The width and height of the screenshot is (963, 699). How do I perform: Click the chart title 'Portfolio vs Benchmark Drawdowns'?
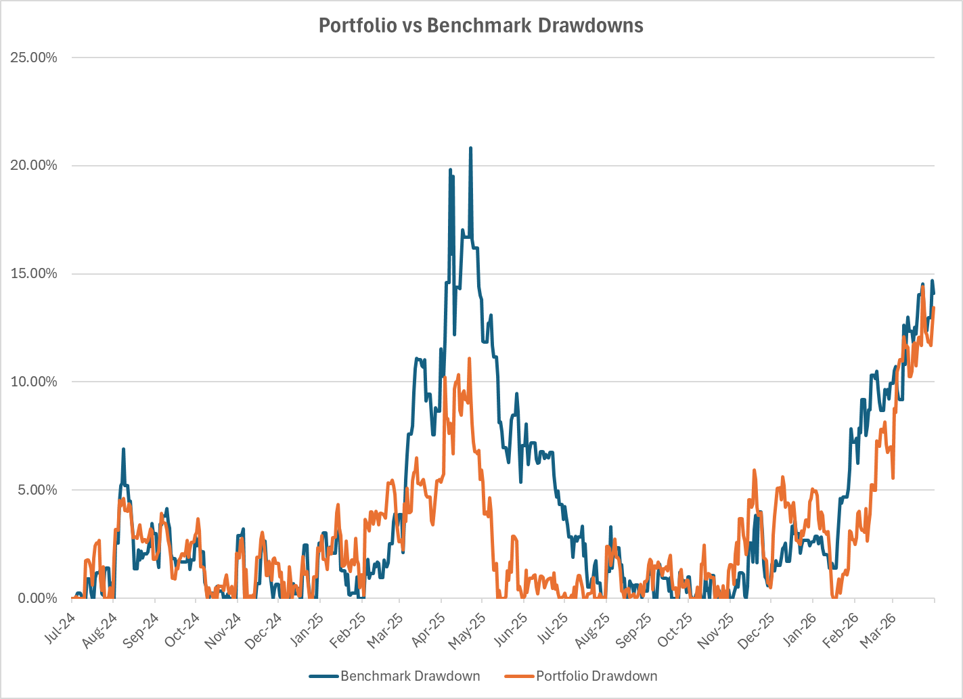point(480,26)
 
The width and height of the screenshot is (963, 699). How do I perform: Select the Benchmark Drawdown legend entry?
point(409,676)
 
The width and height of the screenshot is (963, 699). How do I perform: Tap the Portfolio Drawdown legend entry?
point(596,676)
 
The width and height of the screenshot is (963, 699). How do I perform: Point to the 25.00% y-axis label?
point(34,58)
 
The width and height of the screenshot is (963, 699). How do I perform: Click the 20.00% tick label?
point(34,166)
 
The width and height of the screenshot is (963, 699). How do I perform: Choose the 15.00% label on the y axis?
point(34,274)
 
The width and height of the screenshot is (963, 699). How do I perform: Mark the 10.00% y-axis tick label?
point(34,382)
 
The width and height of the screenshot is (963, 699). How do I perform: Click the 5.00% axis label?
point(37,490)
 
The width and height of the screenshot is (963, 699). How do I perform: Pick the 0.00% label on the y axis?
point(37,598)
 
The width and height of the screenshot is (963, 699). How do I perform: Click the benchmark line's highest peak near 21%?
point(470,148)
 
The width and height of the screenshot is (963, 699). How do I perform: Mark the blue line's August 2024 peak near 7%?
point(124,449)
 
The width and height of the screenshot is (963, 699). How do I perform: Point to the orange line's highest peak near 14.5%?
point(922,287)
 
